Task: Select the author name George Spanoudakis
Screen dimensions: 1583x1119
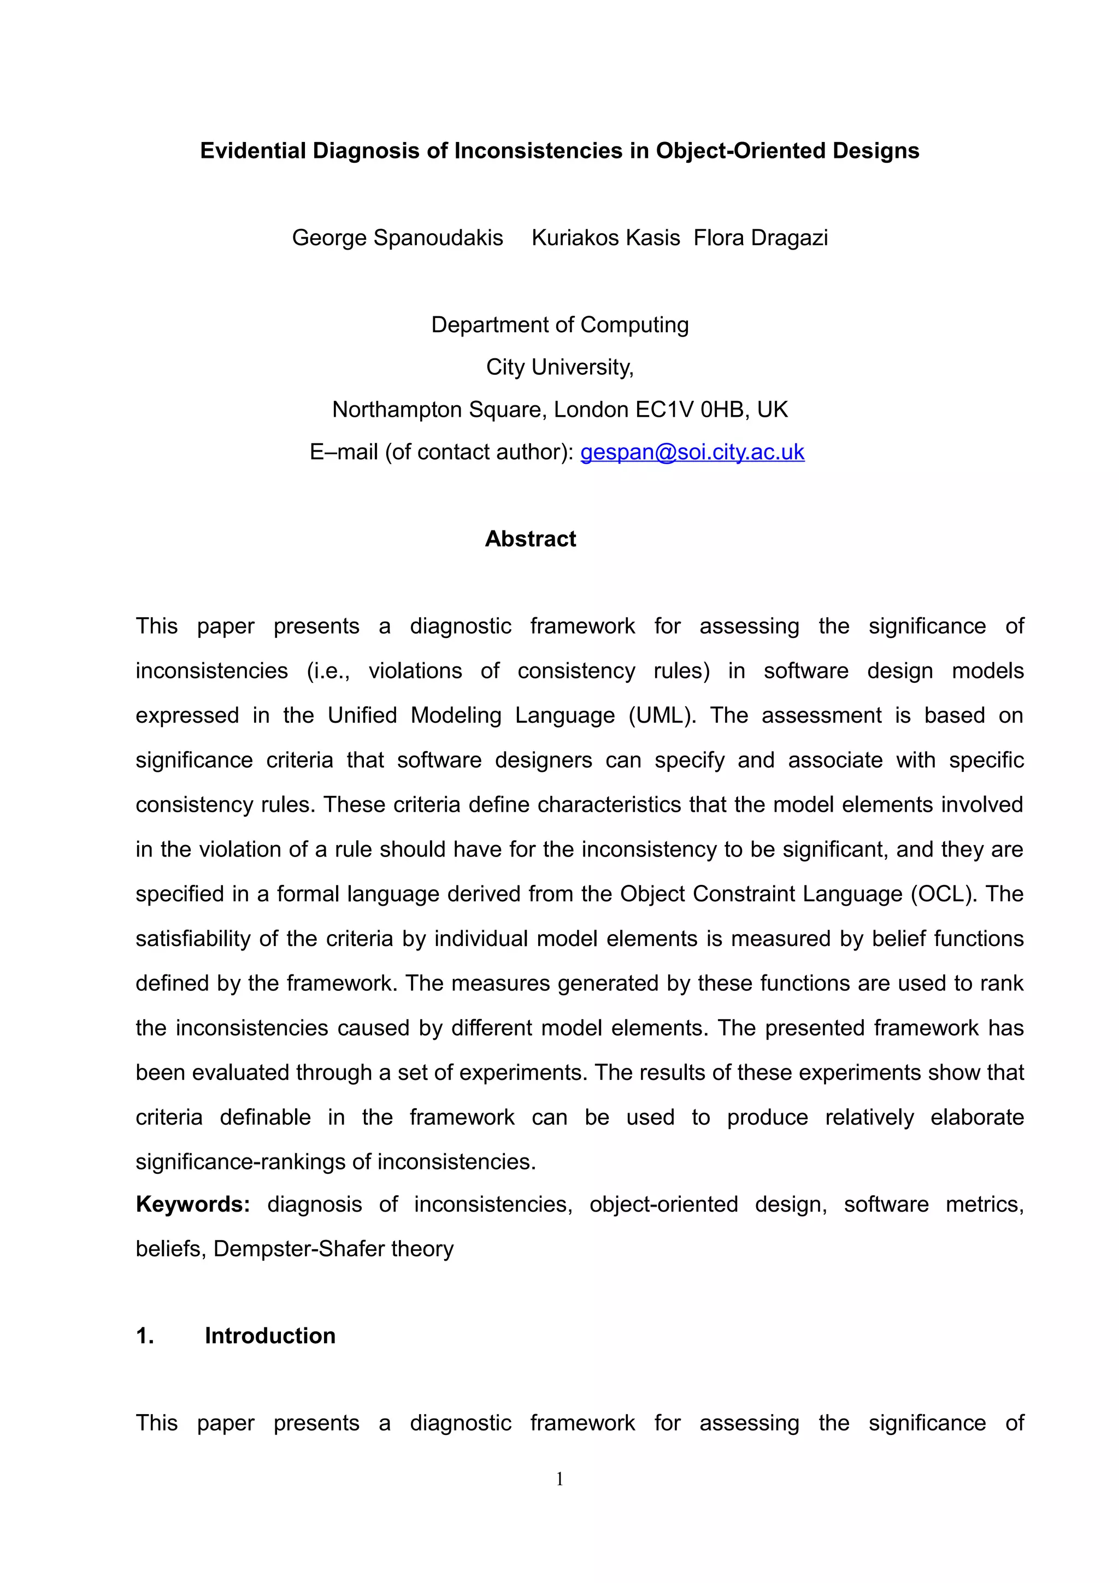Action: tap(397, 238)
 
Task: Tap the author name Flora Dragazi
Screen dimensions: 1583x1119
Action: tap(761, 238)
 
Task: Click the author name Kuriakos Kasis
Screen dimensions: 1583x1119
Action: tap(605, 238)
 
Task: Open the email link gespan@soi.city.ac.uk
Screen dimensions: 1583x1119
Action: tap(692, 452)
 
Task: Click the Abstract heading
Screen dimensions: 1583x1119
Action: tap(530, 539)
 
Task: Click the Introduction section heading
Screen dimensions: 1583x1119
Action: tap(269, 1336)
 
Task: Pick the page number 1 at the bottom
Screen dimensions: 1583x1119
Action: tap(559, 1478)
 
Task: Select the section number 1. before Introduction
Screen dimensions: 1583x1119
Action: tap(145, 1336)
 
